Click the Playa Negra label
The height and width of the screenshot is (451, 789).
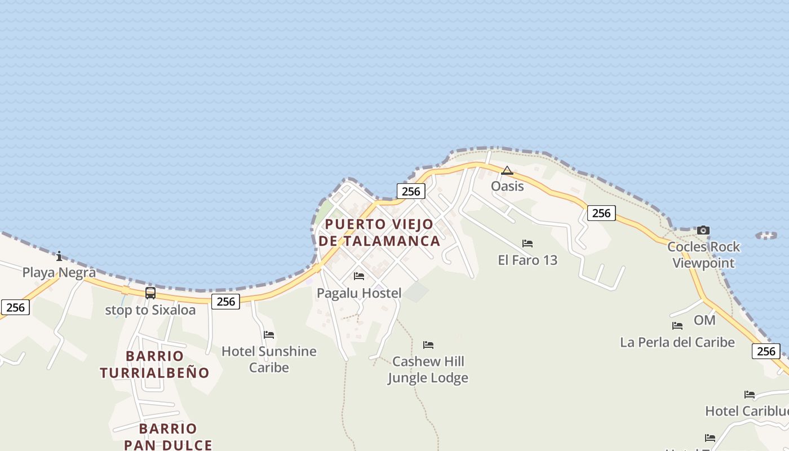[x=59, y=273]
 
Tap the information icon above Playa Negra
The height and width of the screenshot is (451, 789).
[x=59, y=257]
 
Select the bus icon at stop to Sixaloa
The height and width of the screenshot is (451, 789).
[x=150, y=293]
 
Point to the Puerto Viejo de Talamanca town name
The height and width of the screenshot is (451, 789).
[x=379, y=232]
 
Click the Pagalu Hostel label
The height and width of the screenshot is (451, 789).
[x=359, y=293]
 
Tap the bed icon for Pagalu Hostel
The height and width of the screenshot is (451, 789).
[x=359, y=276]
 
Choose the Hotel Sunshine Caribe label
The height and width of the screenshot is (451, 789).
[x=269, y=359]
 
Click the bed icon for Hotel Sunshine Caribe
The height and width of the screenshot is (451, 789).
[x=269, y=335]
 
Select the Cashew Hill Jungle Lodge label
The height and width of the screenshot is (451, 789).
[x=428, y=369]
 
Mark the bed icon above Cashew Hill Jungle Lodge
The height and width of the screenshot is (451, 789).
[x=428, y=345]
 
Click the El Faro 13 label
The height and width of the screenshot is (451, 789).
[x=528, y=260]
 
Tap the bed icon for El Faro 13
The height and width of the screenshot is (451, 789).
[x=528, y=244]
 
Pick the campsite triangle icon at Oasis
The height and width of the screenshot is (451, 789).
[x=507, y=170]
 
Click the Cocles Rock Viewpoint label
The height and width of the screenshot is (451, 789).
[x=703, y=255]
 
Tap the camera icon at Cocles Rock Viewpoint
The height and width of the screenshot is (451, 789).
[x=703, y=230]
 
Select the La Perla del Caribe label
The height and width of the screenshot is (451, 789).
[x=677, y=342]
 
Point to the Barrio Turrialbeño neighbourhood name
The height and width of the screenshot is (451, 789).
[x=154, y=364]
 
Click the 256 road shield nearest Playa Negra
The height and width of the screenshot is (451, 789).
[x=15, y=307]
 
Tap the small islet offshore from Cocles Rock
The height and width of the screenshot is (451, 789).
[x=766, y=235]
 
